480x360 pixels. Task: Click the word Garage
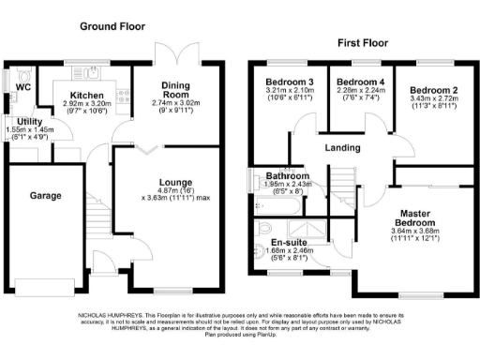pyautogui.click(x=44, y=196)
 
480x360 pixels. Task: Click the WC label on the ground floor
pyautogui.click(x=22, y=87)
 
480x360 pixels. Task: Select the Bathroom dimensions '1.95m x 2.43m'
pyautogui.click(x=287, y=184)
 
